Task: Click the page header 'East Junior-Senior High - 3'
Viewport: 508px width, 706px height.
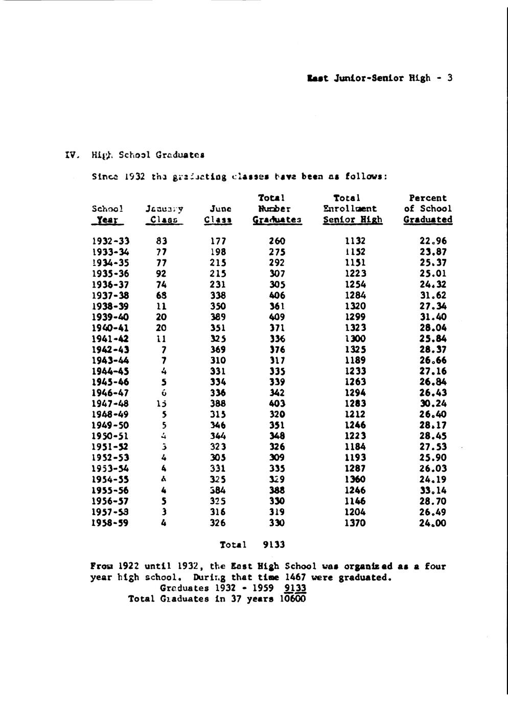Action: click(x=380, y=78)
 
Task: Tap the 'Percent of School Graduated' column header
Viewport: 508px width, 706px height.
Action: click(x=428, y=209)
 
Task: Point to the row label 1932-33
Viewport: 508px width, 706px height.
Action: click(x=110, y=241)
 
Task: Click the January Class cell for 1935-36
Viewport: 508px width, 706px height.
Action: click(x=161, y=274)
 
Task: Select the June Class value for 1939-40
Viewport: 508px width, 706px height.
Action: click(x=218, y=317)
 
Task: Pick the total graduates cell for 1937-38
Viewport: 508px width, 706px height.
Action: click(x=277, y=295)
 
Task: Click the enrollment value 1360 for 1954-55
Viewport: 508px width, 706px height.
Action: click(x=355, y=479)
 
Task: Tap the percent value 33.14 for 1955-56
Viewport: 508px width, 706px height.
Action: click(x=433, y=490)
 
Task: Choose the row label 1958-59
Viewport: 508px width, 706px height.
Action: click(x=110, y=523)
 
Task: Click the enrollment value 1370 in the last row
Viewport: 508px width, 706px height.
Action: click(x=355, y=523)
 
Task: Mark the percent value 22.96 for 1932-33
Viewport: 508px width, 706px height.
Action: click(x=433, y=241)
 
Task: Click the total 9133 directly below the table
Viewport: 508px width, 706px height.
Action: click(x=274, y=545)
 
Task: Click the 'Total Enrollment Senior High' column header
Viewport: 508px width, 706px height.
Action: click(x=352, y=209)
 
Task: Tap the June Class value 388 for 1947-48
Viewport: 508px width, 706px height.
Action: click(x=218, y=404)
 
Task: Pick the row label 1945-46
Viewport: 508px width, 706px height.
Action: click(x=110, y=382)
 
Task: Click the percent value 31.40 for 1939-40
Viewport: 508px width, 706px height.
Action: click(x=433, y=317)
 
